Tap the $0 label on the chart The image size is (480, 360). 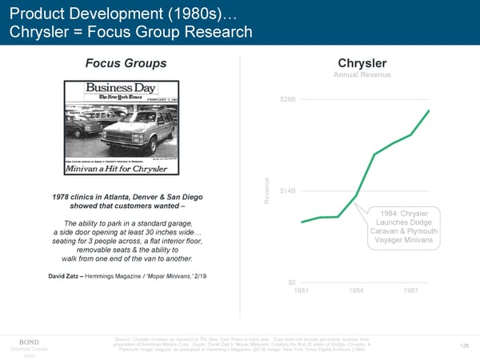(291, 282)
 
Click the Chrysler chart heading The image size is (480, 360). (363, 62)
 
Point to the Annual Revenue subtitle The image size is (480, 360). (363, 75)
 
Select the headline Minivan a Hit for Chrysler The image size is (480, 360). (125, 170)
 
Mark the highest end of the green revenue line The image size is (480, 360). (430, 110)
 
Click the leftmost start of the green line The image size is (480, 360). (302, 222)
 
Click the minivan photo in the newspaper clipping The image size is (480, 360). (128, 128)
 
